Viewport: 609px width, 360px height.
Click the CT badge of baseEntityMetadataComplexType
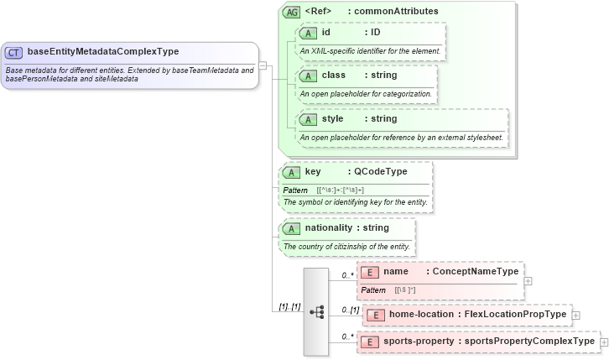pos(14,52)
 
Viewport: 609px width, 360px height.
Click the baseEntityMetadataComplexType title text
pos(102,52)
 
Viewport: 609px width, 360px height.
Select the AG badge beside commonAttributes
pos(291,12)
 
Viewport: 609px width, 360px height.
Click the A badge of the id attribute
pos(307,33)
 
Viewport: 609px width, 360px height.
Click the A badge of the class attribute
pos(307,76)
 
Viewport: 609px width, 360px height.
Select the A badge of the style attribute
pos(307,119)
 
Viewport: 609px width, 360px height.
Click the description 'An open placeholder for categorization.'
pos(366,93)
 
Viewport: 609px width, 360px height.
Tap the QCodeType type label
pos(381,172)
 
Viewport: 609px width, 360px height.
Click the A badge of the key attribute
pos(290,172)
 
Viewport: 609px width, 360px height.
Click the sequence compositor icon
pos(317,311)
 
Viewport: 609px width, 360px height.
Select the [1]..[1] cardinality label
pos(289,306)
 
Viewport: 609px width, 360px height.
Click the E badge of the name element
pos(370,272)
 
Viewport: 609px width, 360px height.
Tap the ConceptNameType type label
pos(476,272)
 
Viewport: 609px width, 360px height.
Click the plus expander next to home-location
pos(576,316)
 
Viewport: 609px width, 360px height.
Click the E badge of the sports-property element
pos(370,342)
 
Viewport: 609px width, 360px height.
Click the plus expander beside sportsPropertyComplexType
pos(604,342)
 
